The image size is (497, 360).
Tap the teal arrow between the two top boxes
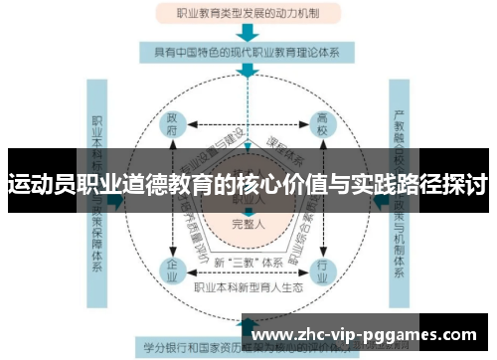click(x=246, y=33)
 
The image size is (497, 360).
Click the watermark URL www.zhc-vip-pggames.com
click(x=365, y=335)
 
